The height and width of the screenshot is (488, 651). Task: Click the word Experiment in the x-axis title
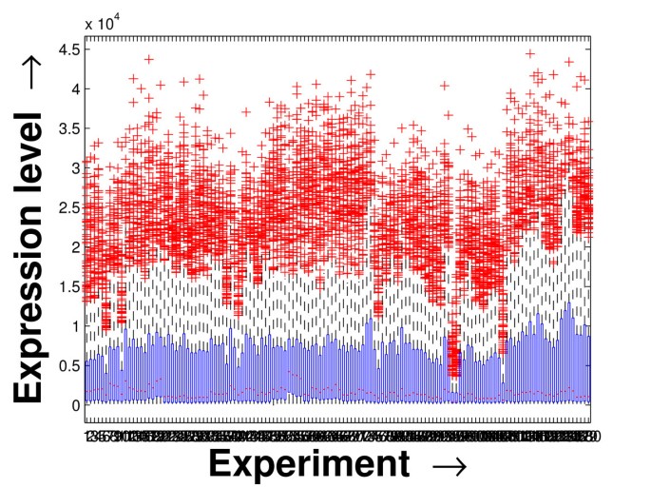pyautogui.click(x=309, y=463)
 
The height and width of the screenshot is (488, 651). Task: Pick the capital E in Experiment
pyautogui.click(x=220, y=462)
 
